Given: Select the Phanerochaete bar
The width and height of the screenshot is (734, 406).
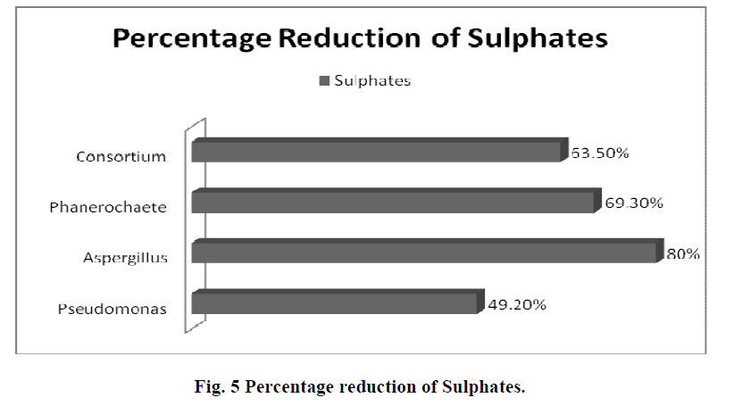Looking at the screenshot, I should coord(393,203).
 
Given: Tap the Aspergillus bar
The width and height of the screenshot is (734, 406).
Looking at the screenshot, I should coord(427,253).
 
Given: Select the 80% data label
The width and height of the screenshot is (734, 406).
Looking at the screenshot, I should coord(683,253).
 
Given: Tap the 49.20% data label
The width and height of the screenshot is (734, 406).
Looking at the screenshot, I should coord(517,303).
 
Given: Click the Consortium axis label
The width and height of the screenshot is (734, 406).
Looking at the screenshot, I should coord(133,157).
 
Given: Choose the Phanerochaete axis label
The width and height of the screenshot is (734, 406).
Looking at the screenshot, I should coord(121,208).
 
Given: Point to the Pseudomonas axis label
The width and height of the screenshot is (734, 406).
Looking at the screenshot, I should coord(124,310).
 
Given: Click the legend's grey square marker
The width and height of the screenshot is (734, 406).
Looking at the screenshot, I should coord(324,81).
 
